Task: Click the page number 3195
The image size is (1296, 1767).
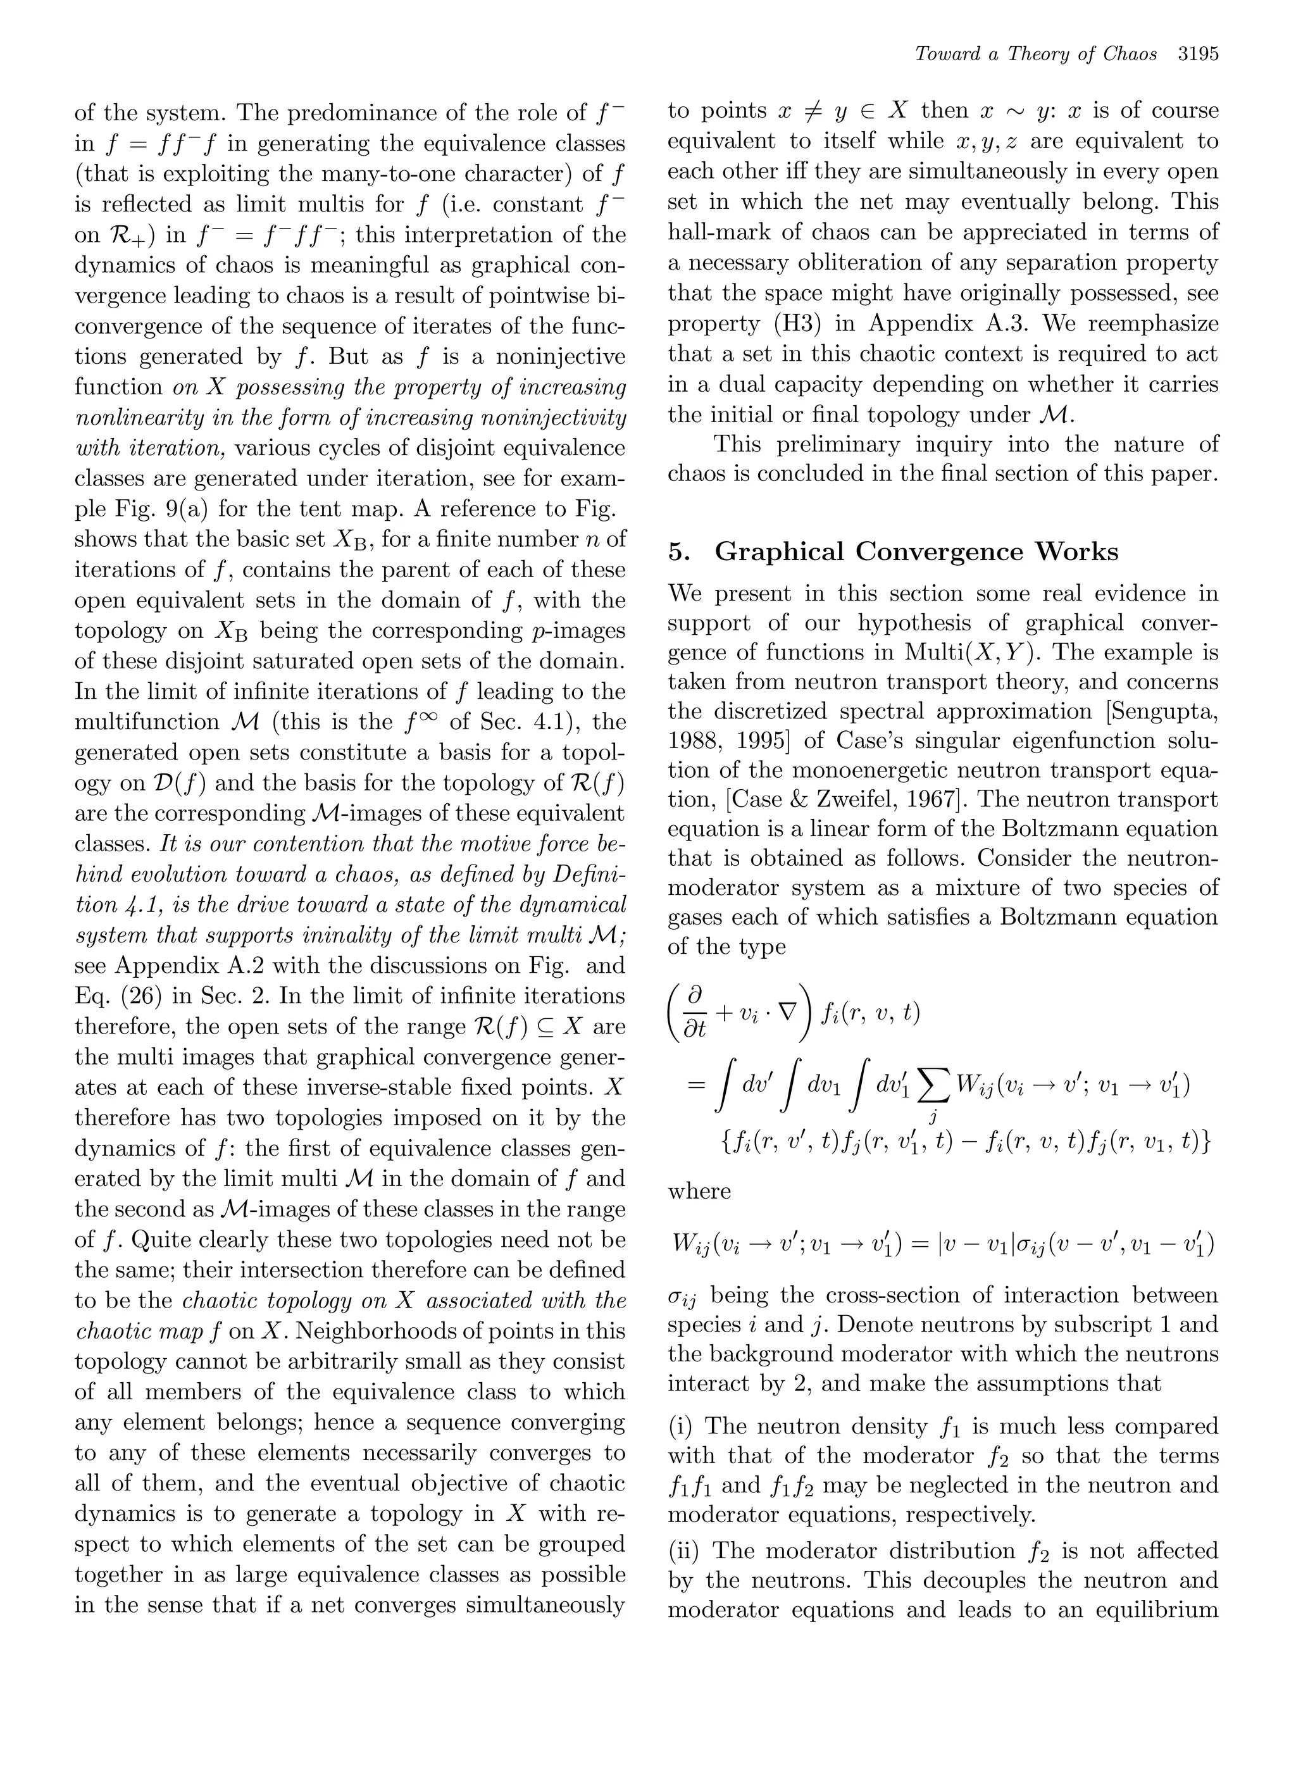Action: point(1197,55)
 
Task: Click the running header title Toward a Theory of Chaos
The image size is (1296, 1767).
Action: point(1035,55)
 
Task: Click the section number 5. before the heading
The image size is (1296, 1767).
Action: point(680,552)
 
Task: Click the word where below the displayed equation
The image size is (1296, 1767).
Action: point(699,1191)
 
